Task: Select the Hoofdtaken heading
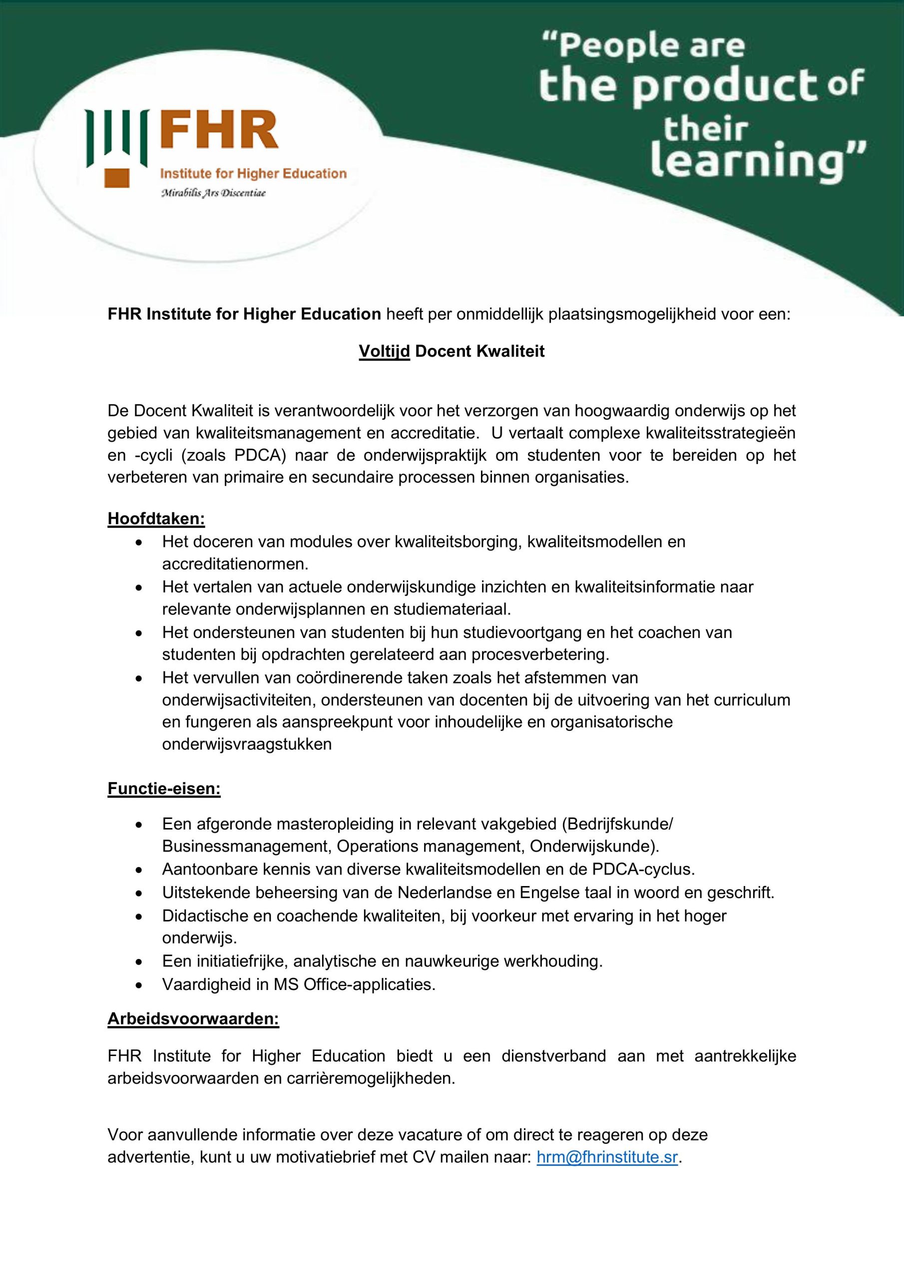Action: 156,518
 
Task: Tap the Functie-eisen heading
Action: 164,789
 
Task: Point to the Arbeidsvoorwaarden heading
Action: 193,1019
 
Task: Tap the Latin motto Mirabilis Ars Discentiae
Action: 213,193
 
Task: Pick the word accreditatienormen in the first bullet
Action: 235,564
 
